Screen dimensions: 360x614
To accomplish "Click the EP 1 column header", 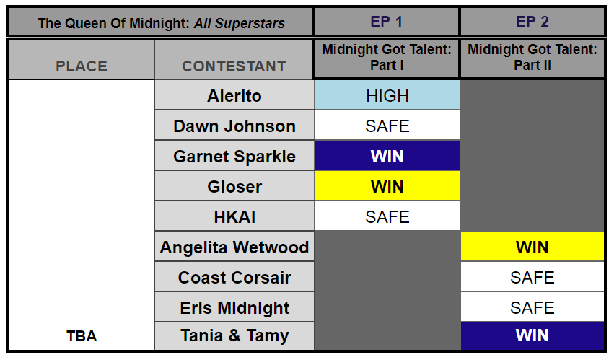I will click(387, 22).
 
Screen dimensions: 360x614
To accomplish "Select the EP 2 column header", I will click(532, 22).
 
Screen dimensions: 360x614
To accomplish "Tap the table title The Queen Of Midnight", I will click(161, 23).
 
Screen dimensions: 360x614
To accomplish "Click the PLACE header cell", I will click(82, 66).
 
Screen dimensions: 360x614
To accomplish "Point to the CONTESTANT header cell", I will click(234, 66).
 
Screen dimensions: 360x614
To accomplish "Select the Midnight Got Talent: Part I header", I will click(387, 58).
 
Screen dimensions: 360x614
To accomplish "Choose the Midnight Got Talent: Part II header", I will click(532, 58).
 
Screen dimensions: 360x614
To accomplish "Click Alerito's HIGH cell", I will click(387, 95).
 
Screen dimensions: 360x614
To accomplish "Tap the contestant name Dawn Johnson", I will click(234, 126).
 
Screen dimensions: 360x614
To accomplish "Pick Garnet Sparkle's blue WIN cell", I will click(387, 156).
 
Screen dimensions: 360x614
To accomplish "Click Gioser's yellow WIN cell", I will click(387, 186).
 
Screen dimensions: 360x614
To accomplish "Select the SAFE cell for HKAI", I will click(387, 216).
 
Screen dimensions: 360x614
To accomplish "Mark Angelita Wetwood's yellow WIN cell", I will click(532, 247).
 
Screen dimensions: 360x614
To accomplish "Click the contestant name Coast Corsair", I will click(234, 278).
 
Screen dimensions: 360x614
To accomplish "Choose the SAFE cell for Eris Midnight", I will click(532, 307).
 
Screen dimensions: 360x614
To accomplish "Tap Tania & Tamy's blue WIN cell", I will click(532, 336).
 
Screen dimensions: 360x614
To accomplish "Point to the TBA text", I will click(81, 336).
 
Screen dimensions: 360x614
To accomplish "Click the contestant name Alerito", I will click(234, 96).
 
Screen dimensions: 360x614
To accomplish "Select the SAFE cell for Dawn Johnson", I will click(387, 126).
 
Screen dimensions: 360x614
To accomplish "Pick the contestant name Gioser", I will click(234, 187).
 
